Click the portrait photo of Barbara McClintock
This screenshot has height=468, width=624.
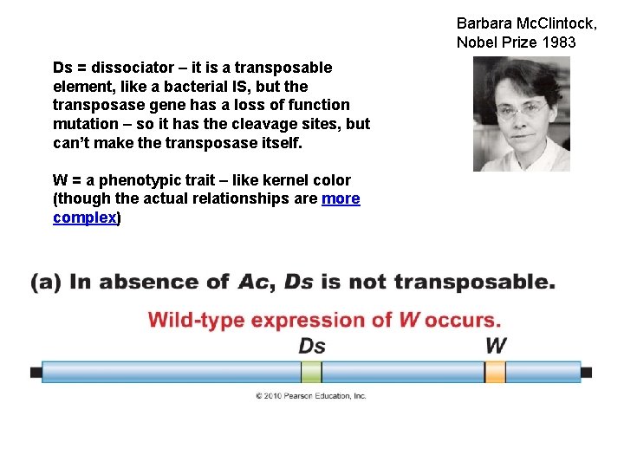(x=521, y=114)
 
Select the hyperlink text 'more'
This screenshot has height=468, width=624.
(x=341, y=199)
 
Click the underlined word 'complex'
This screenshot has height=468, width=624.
(x=84, y=218)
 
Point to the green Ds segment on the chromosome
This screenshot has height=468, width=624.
(x=311, y=373)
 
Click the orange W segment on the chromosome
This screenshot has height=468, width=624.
(x=495, y=373)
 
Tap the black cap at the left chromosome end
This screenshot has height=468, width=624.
(x=36, y=373)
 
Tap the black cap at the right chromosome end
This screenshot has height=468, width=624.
(x=587, y=373)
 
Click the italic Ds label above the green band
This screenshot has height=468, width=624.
(x=312, y=346)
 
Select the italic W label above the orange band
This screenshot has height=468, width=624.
(x=495, y=345)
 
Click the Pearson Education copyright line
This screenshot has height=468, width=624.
(x=310, y=396)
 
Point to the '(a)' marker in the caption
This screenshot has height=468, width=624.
(x=46, y=283)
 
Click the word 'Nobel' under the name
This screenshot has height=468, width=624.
(x=477, y=42)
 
